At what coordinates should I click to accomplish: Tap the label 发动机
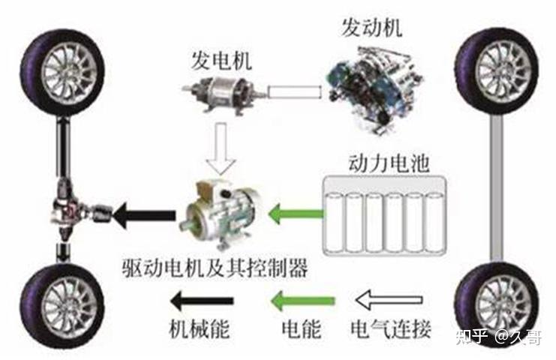tap(371, 29)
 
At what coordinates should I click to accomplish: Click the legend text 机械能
tap(198, 328)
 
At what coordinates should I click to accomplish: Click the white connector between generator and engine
tap(296, 94)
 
